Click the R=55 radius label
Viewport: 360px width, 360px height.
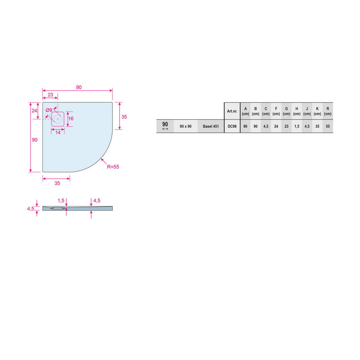(113, 167)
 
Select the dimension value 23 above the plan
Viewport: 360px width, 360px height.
(50, 95)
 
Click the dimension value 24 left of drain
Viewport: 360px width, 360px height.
(34, 110)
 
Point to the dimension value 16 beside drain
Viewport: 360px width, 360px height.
(71, 119)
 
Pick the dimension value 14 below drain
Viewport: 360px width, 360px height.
(58, 132)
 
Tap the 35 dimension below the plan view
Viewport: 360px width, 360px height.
(57, 183)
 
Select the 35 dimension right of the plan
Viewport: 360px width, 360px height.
(124, 117)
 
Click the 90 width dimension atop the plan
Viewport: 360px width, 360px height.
(79, 87)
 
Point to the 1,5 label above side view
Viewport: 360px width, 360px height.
(61, 200)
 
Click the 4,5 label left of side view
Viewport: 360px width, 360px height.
(30, 208)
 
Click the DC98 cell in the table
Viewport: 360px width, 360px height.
(232, 126)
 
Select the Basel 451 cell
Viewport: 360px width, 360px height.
(211, 126)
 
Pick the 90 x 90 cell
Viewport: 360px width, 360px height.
(186, 126)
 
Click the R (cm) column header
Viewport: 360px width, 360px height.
(328, 111)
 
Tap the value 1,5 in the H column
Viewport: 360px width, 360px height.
(296, 126)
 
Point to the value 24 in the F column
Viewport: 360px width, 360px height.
(276, 126)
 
